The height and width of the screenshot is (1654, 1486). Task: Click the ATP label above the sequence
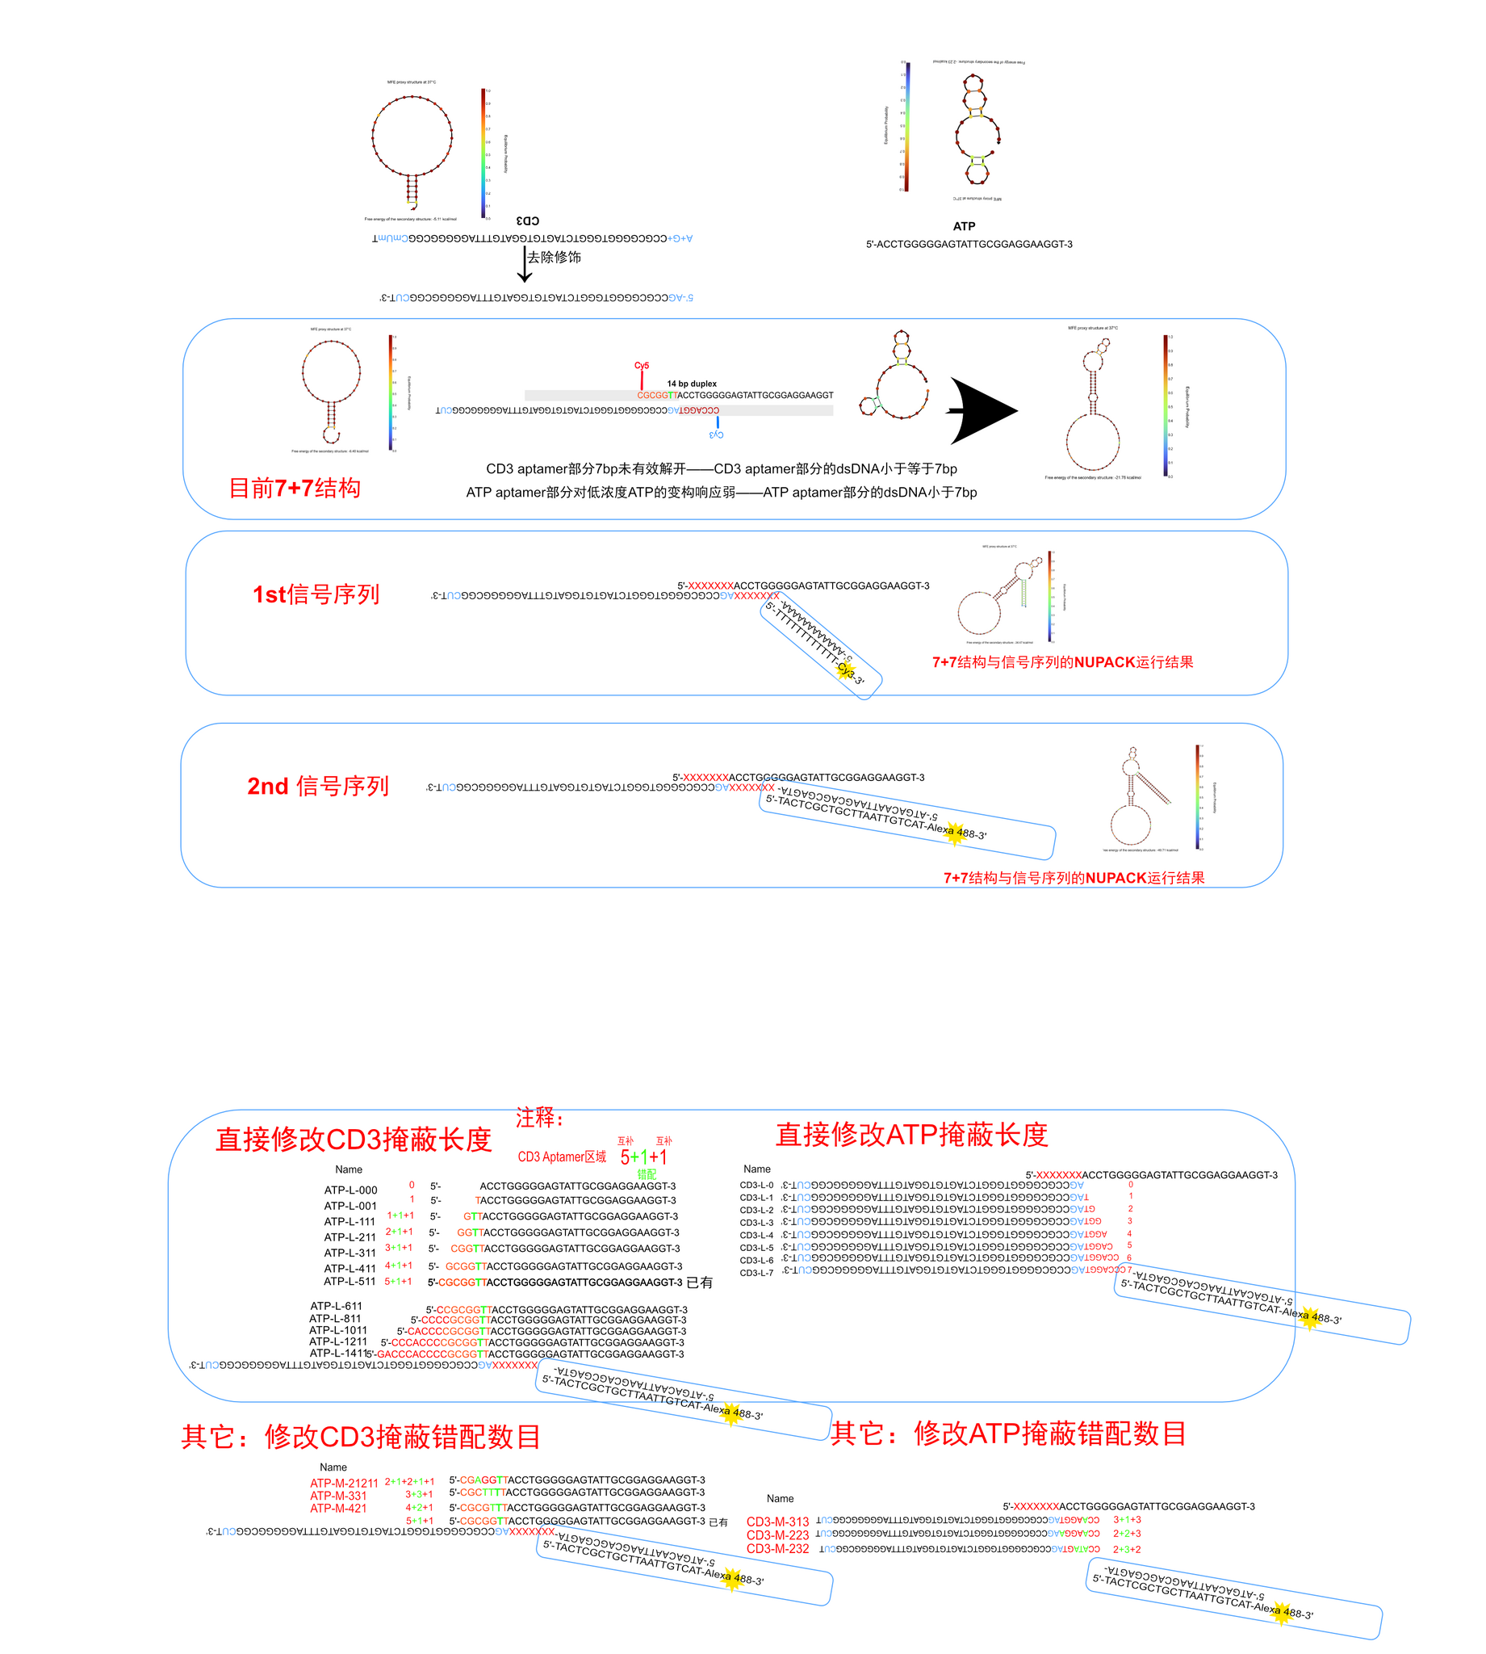(x=964, y=226)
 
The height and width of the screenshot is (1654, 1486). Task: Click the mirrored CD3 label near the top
(x=527, y=220)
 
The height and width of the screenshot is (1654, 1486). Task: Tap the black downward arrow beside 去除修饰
(x=524, y=266)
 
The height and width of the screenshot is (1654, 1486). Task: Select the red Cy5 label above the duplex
(x=642, y=365)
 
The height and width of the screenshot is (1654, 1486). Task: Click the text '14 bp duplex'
(x=692, y=383)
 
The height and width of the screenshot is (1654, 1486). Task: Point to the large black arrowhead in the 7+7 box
(x=984, y=411)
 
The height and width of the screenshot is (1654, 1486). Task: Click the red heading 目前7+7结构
(x=294, y=489)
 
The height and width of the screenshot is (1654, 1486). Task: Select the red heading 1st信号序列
(x=316, y=594)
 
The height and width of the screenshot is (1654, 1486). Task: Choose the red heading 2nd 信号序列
(x=317, y=786)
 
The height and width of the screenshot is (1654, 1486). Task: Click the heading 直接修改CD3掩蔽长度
(x=353, y=1139)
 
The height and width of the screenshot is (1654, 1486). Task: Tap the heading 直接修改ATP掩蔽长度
(x=911, y=1134)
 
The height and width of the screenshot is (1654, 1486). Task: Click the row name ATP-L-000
(x=350, y=1190)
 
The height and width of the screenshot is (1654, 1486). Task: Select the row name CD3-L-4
(x=756, y=1235)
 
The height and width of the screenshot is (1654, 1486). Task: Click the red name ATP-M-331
(x=338, y=1496)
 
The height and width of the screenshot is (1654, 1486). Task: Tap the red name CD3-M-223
(x=777, y=1535)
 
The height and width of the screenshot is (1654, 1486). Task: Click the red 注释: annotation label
(x=539, y=1118)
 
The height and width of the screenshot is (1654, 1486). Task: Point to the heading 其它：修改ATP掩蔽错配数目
(x=1008, y=1434)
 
